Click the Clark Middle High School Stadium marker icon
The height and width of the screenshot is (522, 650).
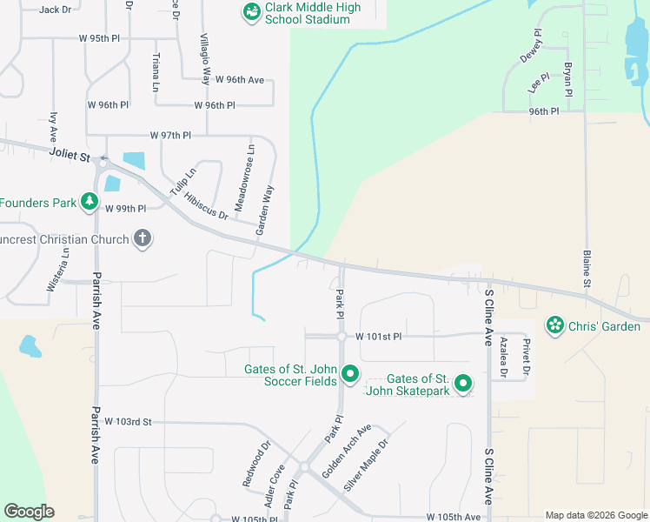point(251,12)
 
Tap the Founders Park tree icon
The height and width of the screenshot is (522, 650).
point(89,203)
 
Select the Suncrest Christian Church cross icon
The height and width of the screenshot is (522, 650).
point(143,238)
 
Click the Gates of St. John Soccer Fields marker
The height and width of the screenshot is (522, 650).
point(350,374)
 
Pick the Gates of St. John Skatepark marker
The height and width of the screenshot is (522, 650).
point(463,383)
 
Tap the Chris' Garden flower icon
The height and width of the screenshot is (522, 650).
point(554,326)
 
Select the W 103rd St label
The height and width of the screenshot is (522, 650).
point(128,422)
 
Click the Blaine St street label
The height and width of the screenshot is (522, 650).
point(587,269)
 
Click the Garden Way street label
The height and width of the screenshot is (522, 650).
point(265,210)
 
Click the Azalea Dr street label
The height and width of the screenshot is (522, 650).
point(502,358)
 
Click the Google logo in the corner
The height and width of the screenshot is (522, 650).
point(29,512)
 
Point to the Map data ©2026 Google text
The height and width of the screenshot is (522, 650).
point(595,515)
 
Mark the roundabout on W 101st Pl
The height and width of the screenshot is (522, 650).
point(342,337)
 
